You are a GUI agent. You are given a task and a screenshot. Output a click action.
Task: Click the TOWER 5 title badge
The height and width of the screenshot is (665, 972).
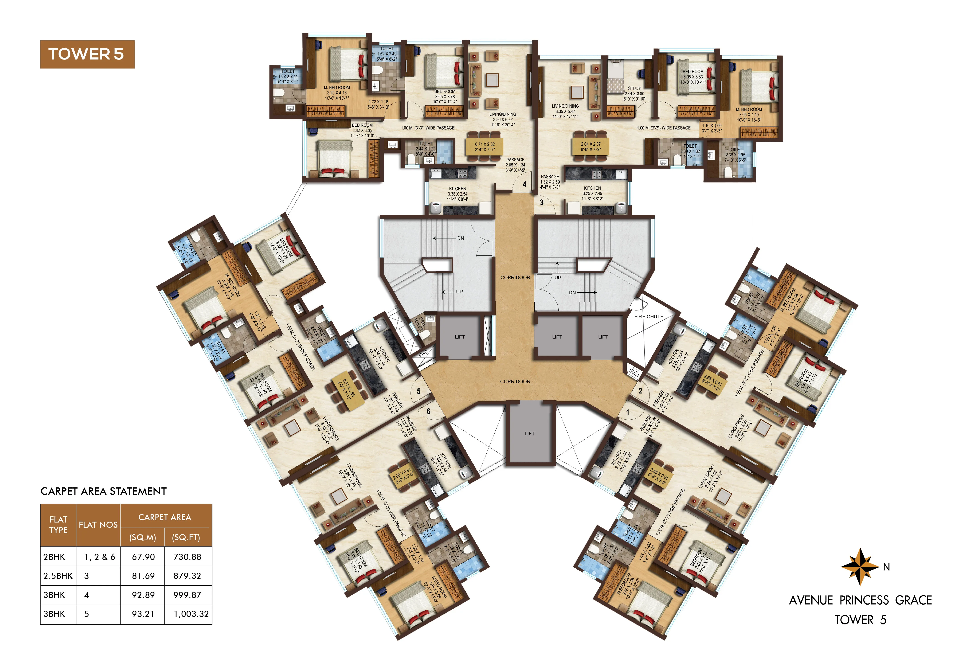(87, 54)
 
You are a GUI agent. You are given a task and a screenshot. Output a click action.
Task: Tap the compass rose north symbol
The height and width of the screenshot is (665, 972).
(859, 567)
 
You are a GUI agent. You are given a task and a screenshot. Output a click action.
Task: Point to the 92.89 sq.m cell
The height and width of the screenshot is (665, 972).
(143, 595)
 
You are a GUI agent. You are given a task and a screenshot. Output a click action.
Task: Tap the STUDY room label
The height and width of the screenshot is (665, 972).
(634, 88)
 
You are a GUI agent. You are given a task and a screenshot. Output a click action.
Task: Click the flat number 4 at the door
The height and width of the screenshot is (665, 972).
(524, 184)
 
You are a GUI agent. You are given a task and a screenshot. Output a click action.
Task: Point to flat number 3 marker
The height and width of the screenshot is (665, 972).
(542, 203)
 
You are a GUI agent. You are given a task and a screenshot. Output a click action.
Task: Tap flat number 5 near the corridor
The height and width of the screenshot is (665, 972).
(418, 391)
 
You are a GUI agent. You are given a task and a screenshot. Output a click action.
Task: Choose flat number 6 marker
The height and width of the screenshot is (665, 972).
(428, 411)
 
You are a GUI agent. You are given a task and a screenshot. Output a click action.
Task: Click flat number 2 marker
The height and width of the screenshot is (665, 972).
(640, 391)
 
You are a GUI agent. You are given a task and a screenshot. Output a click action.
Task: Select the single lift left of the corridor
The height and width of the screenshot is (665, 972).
(460, 337)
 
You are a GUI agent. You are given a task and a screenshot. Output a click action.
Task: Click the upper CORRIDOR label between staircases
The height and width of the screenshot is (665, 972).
(515, 277)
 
